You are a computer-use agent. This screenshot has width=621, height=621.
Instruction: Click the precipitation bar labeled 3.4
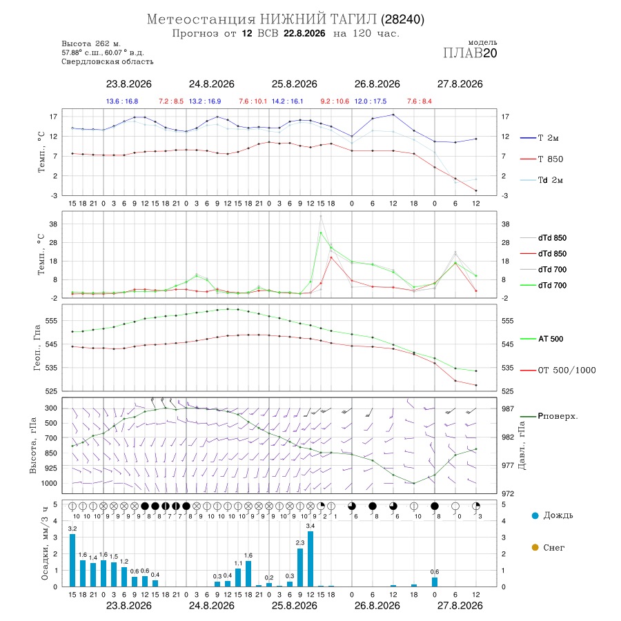point(310,559)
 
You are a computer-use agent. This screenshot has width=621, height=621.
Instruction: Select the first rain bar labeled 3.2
point(72,560)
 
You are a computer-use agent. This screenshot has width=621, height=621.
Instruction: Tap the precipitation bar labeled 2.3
point(300,568)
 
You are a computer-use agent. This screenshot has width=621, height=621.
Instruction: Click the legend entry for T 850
point(542,159)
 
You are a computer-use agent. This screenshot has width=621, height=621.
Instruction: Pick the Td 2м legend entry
point(542,180)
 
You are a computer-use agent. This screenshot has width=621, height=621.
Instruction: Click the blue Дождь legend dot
point(535,515)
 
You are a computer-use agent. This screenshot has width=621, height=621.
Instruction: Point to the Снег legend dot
point(535,547)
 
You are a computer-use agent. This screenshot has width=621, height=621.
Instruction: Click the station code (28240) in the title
point(402,19)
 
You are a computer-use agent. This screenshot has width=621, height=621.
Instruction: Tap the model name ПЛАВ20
point(470,53)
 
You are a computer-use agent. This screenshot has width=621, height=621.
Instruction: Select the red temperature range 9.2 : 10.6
point(335,101)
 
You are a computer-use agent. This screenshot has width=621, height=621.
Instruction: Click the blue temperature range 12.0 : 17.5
point(371,101)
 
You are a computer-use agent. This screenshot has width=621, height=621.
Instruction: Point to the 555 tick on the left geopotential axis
point(52,321)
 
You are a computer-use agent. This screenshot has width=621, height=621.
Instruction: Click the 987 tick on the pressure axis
point(508,408)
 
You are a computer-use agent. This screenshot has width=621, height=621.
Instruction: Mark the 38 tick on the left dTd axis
point(53,224)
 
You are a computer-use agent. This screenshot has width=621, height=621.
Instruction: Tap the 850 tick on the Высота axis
point(50,453)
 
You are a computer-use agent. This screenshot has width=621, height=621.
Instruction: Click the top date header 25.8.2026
point(294,84)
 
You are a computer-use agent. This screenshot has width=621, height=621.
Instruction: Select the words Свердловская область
point(108,62)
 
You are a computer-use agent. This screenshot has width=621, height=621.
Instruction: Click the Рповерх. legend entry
point(549,416)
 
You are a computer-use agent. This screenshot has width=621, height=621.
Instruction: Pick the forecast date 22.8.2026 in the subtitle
point(304,34)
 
